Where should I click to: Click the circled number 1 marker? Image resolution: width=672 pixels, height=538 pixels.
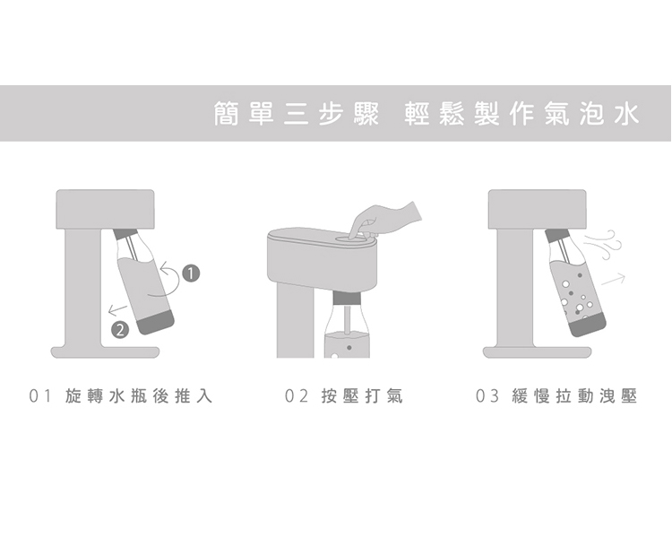[191, 273]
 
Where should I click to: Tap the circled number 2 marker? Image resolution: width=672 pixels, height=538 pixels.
[120, 329]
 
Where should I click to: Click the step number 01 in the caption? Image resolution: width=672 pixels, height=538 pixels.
[39, 396]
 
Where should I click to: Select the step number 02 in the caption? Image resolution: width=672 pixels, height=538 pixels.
[297, 396]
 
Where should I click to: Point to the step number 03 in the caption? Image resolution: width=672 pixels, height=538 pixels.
[487, 396]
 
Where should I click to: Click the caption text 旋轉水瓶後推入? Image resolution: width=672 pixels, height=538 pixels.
[139, 396]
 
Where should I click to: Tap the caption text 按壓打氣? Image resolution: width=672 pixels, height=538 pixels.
[362, 396]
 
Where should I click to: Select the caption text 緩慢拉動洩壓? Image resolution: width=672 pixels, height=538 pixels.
[574, 396]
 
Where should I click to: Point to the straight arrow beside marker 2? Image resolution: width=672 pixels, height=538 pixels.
[117, 308]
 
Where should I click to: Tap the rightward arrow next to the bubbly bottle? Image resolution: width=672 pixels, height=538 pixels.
[613, 279]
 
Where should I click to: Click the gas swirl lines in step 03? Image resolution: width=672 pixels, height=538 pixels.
[603, 245]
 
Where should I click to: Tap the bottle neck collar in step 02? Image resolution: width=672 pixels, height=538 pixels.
[347, 298]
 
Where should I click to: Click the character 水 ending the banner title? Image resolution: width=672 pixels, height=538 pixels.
[626, 114]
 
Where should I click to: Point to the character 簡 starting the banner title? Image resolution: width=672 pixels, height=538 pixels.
[227, 114]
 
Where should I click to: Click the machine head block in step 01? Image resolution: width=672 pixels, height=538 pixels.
[105, 209]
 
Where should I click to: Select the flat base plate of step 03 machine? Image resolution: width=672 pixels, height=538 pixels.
[537, 351]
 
